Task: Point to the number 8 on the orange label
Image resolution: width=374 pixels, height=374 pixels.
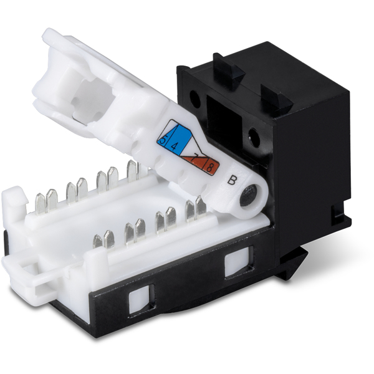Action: click(x=211, y=167)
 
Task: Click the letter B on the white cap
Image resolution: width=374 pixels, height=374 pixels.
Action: click(x=232, y=181)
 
